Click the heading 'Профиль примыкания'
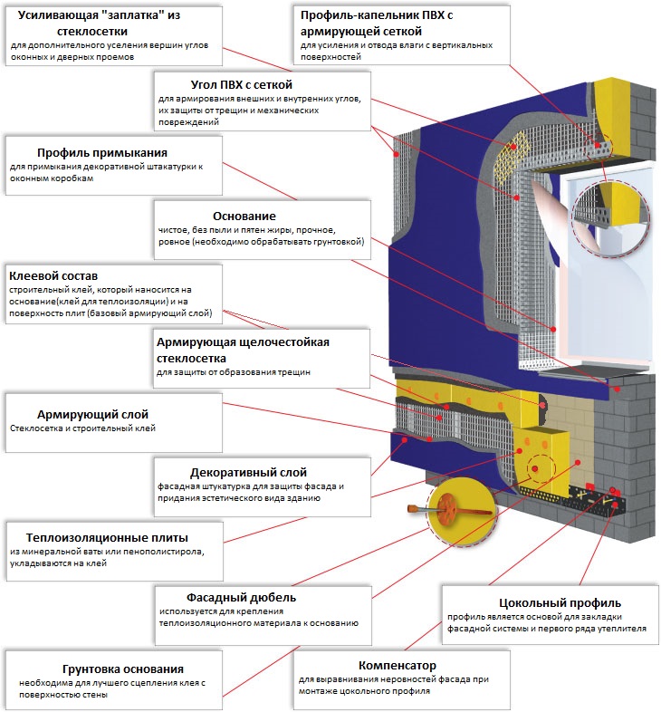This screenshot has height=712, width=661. point(102,152)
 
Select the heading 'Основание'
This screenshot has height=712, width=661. point(244,216)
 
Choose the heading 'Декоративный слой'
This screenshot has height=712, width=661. point(248,472)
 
